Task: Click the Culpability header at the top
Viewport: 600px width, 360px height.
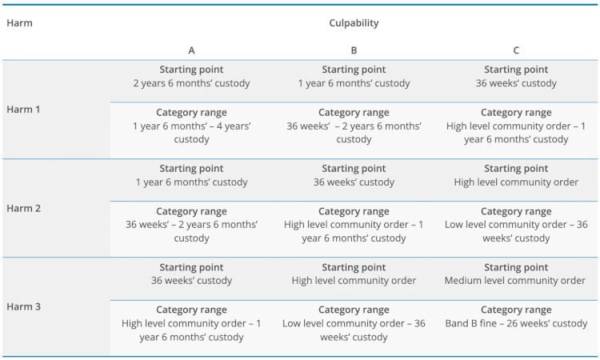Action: click(354, 23)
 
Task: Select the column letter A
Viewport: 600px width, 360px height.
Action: click(191, 50)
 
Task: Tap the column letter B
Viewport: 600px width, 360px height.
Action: click(354, 50)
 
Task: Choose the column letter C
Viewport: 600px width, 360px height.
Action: click(516, 50)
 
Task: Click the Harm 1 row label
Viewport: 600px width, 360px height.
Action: click(23, 110)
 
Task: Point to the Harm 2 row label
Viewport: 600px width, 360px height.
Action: click(23, 208)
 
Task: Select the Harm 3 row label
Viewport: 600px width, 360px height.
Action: click(23, 306)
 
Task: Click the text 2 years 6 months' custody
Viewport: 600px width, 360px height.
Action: click(191, 83)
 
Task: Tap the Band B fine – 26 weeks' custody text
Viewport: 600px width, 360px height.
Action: click(516, 323)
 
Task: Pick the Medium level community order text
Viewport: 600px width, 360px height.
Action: click(516, 281)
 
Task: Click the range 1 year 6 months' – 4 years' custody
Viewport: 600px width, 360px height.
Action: click(191, 133)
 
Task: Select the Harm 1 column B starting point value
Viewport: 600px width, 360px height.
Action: click(354, 83)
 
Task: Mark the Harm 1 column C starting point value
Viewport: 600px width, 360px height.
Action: click(516, 83)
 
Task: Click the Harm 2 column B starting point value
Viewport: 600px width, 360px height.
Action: click(354, 182)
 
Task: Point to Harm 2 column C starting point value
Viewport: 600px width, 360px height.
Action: click(516, 182)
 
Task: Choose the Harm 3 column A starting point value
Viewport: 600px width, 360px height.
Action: click(191, 281)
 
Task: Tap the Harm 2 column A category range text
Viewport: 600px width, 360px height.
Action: click(191, 231)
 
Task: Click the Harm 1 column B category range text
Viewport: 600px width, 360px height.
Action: click(354, 133)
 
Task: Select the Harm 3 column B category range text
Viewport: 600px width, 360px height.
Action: click(354, 330)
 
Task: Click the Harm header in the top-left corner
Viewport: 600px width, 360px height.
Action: click(19, 23)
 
